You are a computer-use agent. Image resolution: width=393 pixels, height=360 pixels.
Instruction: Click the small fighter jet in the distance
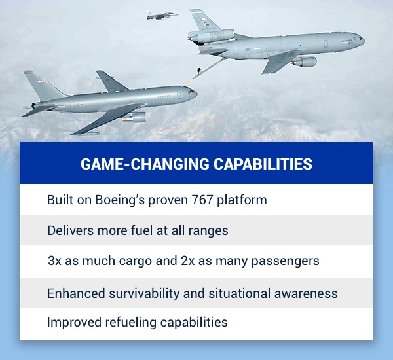(x=162, y=16)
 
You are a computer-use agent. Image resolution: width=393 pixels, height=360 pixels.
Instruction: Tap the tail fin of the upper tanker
(x=202, y=20)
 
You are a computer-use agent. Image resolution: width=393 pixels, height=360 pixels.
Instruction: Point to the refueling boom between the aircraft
(x=204, y=71)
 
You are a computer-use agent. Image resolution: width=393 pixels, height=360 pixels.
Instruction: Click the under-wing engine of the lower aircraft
(x=135, y=117)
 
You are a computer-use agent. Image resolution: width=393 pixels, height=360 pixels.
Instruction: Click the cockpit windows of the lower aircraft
(x=191, y=91)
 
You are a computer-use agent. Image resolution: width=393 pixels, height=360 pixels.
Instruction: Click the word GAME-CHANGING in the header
(x=145, y=164)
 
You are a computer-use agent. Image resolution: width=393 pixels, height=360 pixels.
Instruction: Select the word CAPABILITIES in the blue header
(x=263, y=164)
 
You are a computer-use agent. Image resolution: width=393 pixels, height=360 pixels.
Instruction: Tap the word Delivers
(x=71, y=230)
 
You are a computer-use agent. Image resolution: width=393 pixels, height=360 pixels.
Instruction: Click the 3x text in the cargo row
(x=54, y=261)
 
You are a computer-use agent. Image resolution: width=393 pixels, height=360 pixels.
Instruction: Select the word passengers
(x=285, y=261)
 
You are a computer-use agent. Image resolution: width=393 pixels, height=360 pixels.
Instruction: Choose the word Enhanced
(x=76, y=293)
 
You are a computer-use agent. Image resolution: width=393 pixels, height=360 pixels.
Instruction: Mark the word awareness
(x=306, y=294)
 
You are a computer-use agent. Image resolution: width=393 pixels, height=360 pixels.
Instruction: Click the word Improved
(x=74, y=323)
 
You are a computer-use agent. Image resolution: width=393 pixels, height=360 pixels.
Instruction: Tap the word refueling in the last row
(x=130, y=322)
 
